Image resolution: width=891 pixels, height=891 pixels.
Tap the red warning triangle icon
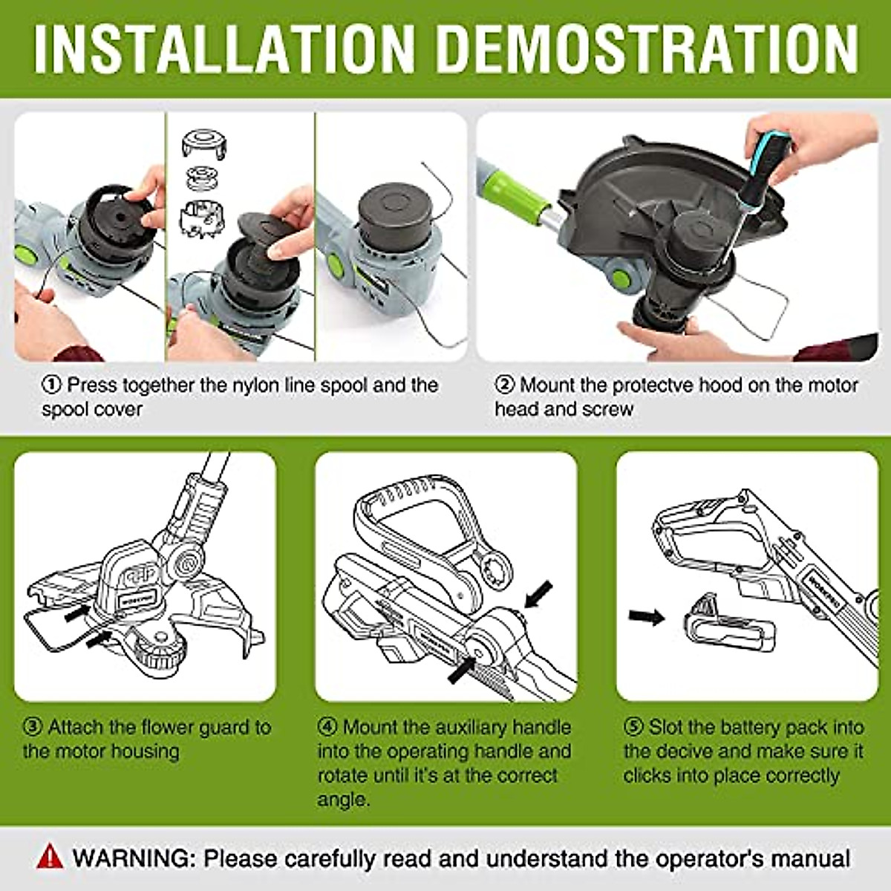(x=50, y=857)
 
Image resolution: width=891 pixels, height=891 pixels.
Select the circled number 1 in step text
(x=51, y=385)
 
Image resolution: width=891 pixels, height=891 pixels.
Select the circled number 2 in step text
(x=504, y=385)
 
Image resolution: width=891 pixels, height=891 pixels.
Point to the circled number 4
(x=327, y=727)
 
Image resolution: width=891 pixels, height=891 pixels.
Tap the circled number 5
(x=633, y=727)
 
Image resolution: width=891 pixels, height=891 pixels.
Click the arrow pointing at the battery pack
(x=646, y=616)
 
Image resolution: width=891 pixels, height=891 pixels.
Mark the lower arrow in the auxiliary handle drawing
(x=460, y=668)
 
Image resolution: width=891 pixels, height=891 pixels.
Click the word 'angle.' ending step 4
(x=342, y=800)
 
